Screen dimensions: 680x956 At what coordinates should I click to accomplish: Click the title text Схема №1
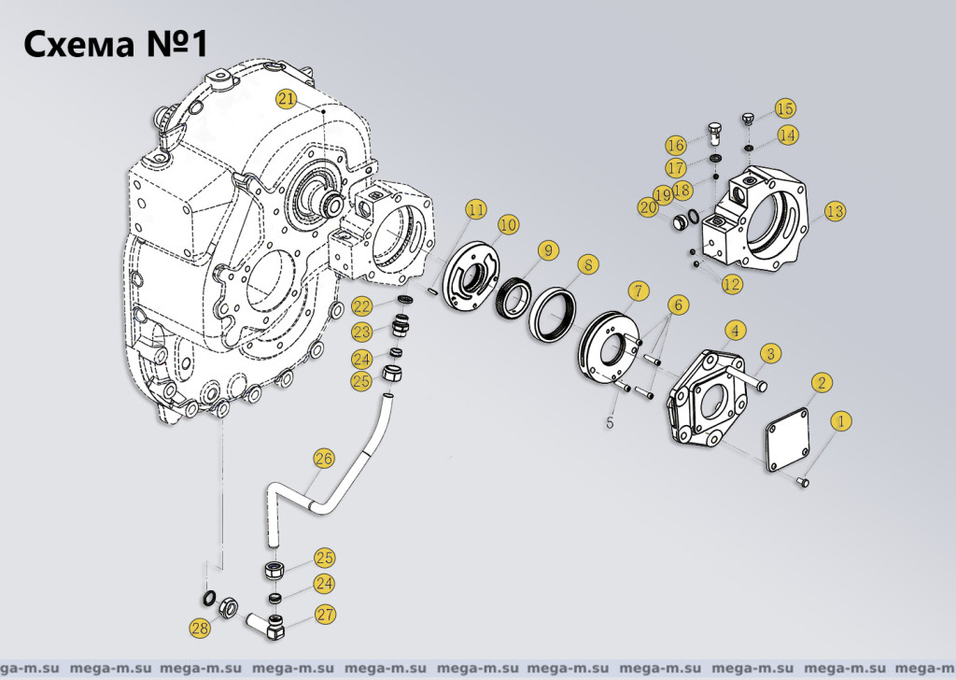[113, 43]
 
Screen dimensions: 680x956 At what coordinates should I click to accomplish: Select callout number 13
[834, 212]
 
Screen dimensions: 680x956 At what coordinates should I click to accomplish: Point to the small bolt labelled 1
[804, 482]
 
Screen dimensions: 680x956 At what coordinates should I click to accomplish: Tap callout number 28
[199, 630]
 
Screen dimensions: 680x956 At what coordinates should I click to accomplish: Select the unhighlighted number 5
[610, 422]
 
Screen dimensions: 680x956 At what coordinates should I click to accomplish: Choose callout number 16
[676, 145]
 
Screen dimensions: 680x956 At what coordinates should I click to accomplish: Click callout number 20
[649, 207]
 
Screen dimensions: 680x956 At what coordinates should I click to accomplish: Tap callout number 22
[361, 307]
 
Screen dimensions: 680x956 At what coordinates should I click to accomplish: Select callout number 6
[678, 305]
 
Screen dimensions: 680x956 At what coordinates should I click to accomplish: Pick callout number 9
[546, 249]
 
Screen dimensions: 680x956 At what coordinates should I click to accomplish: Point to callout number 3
[770, 353]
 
